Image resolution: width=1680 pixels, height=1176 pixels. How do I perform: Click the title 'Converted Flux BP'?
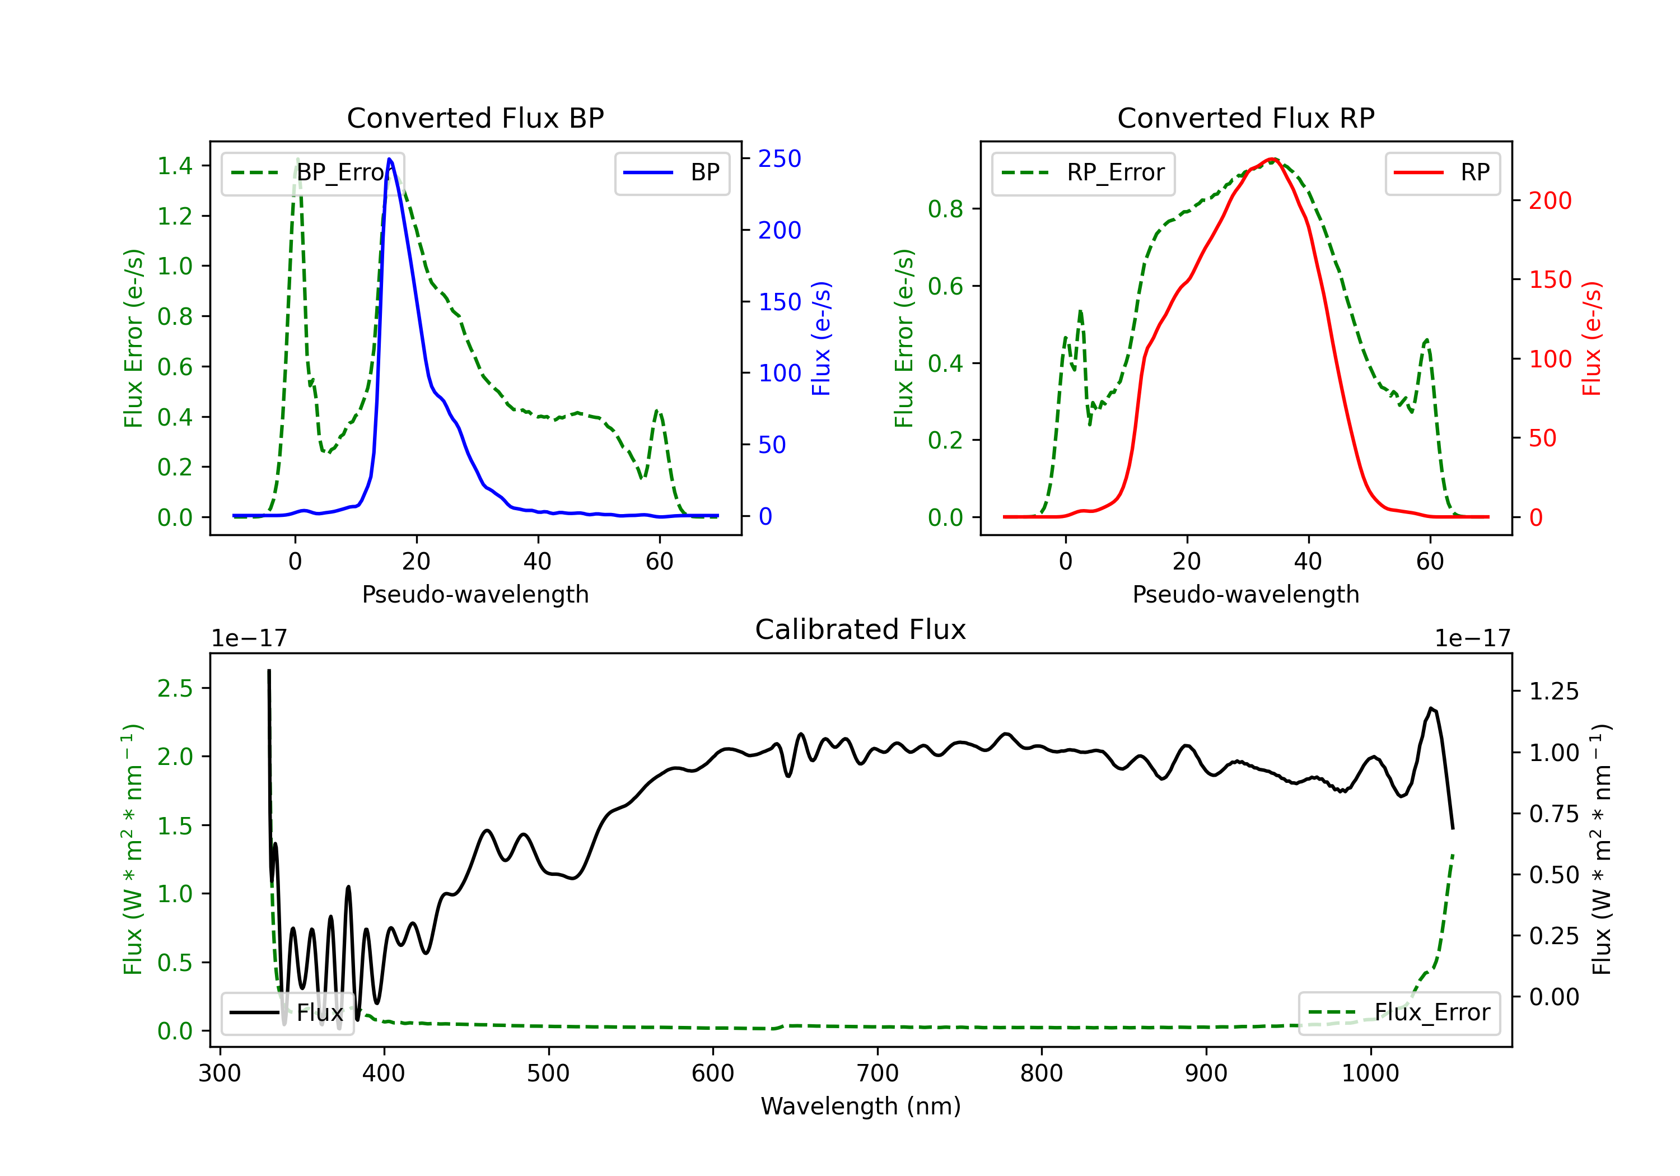click(x=475, y=118)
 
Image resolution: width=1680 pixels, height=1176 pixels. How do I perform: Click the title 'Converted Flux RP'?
click(x=1245, y=118)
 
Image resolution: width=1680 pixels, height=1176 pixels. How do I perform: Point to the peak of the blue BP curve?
click(x=389, y=159)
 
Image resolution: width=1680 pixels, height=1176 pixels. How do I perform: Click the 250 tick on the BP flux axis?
click(x=780, y=159)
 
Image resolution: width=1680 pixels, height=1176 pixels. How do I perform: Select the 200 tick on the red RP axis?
click(x=1550, y=200)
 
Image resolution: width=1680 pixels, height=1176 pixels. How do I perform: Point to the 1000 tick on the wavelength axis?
click(x=1370, y=1074)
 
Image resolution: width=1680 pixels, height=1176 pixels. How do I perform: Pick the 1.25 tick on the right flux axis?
click(x=1553, y=692)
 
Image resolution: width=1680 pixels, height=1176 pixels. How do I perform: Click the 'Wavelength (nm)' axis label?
click(x=861, y=1106)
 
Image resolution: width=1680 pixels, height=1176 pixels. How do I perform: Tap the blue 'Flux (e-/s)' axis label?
click(x=821, y=338)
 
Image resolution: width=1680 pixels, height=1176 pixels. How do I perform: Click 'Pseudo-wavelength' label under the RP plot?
click(x=1245, y=594)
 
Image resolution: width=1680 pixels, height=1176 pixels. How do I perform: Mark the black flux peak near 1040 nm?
click(x=1431, y=708)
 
